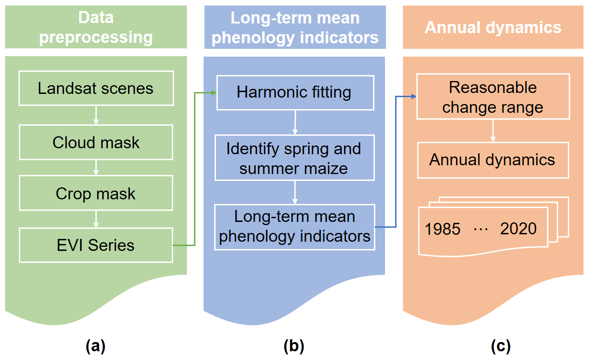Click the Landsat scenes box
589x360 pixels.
tap(96, 88)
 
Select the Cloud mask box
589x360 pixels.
tap(96, 142)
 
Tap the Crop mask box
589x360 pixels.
tap(96, 193)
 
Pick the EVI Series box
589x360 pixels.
tap(96, 245)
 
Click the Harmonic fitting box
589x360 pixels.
tap(295, 93)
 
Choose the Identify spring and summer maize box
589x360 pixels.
tap(295, 158)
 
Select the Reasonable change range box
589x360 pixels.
tap(493, 97)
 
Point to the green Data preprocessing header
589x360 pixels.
tap(96, 27)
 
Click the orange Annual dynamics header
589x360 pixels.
tap(493, 27)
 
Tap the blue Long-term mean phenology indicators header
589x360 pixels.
tap(295, 27)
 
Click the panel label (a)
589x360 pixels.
tap(96, 345)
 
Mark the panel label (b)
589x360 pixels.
tap(295, 345)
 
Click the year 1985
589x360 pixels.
tap(443, 229)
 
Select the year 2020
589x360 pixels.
tap(518, 229)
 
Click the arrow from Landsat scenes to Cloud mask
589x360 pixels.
tap(96, 115)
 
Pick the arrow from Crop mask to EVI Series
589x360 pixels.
tap(96, 219)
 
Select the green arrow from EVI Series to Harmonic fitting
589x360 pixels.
tap(195, 168)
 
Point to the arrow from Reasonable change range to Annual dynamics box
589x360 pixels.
tap(493, 132)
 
